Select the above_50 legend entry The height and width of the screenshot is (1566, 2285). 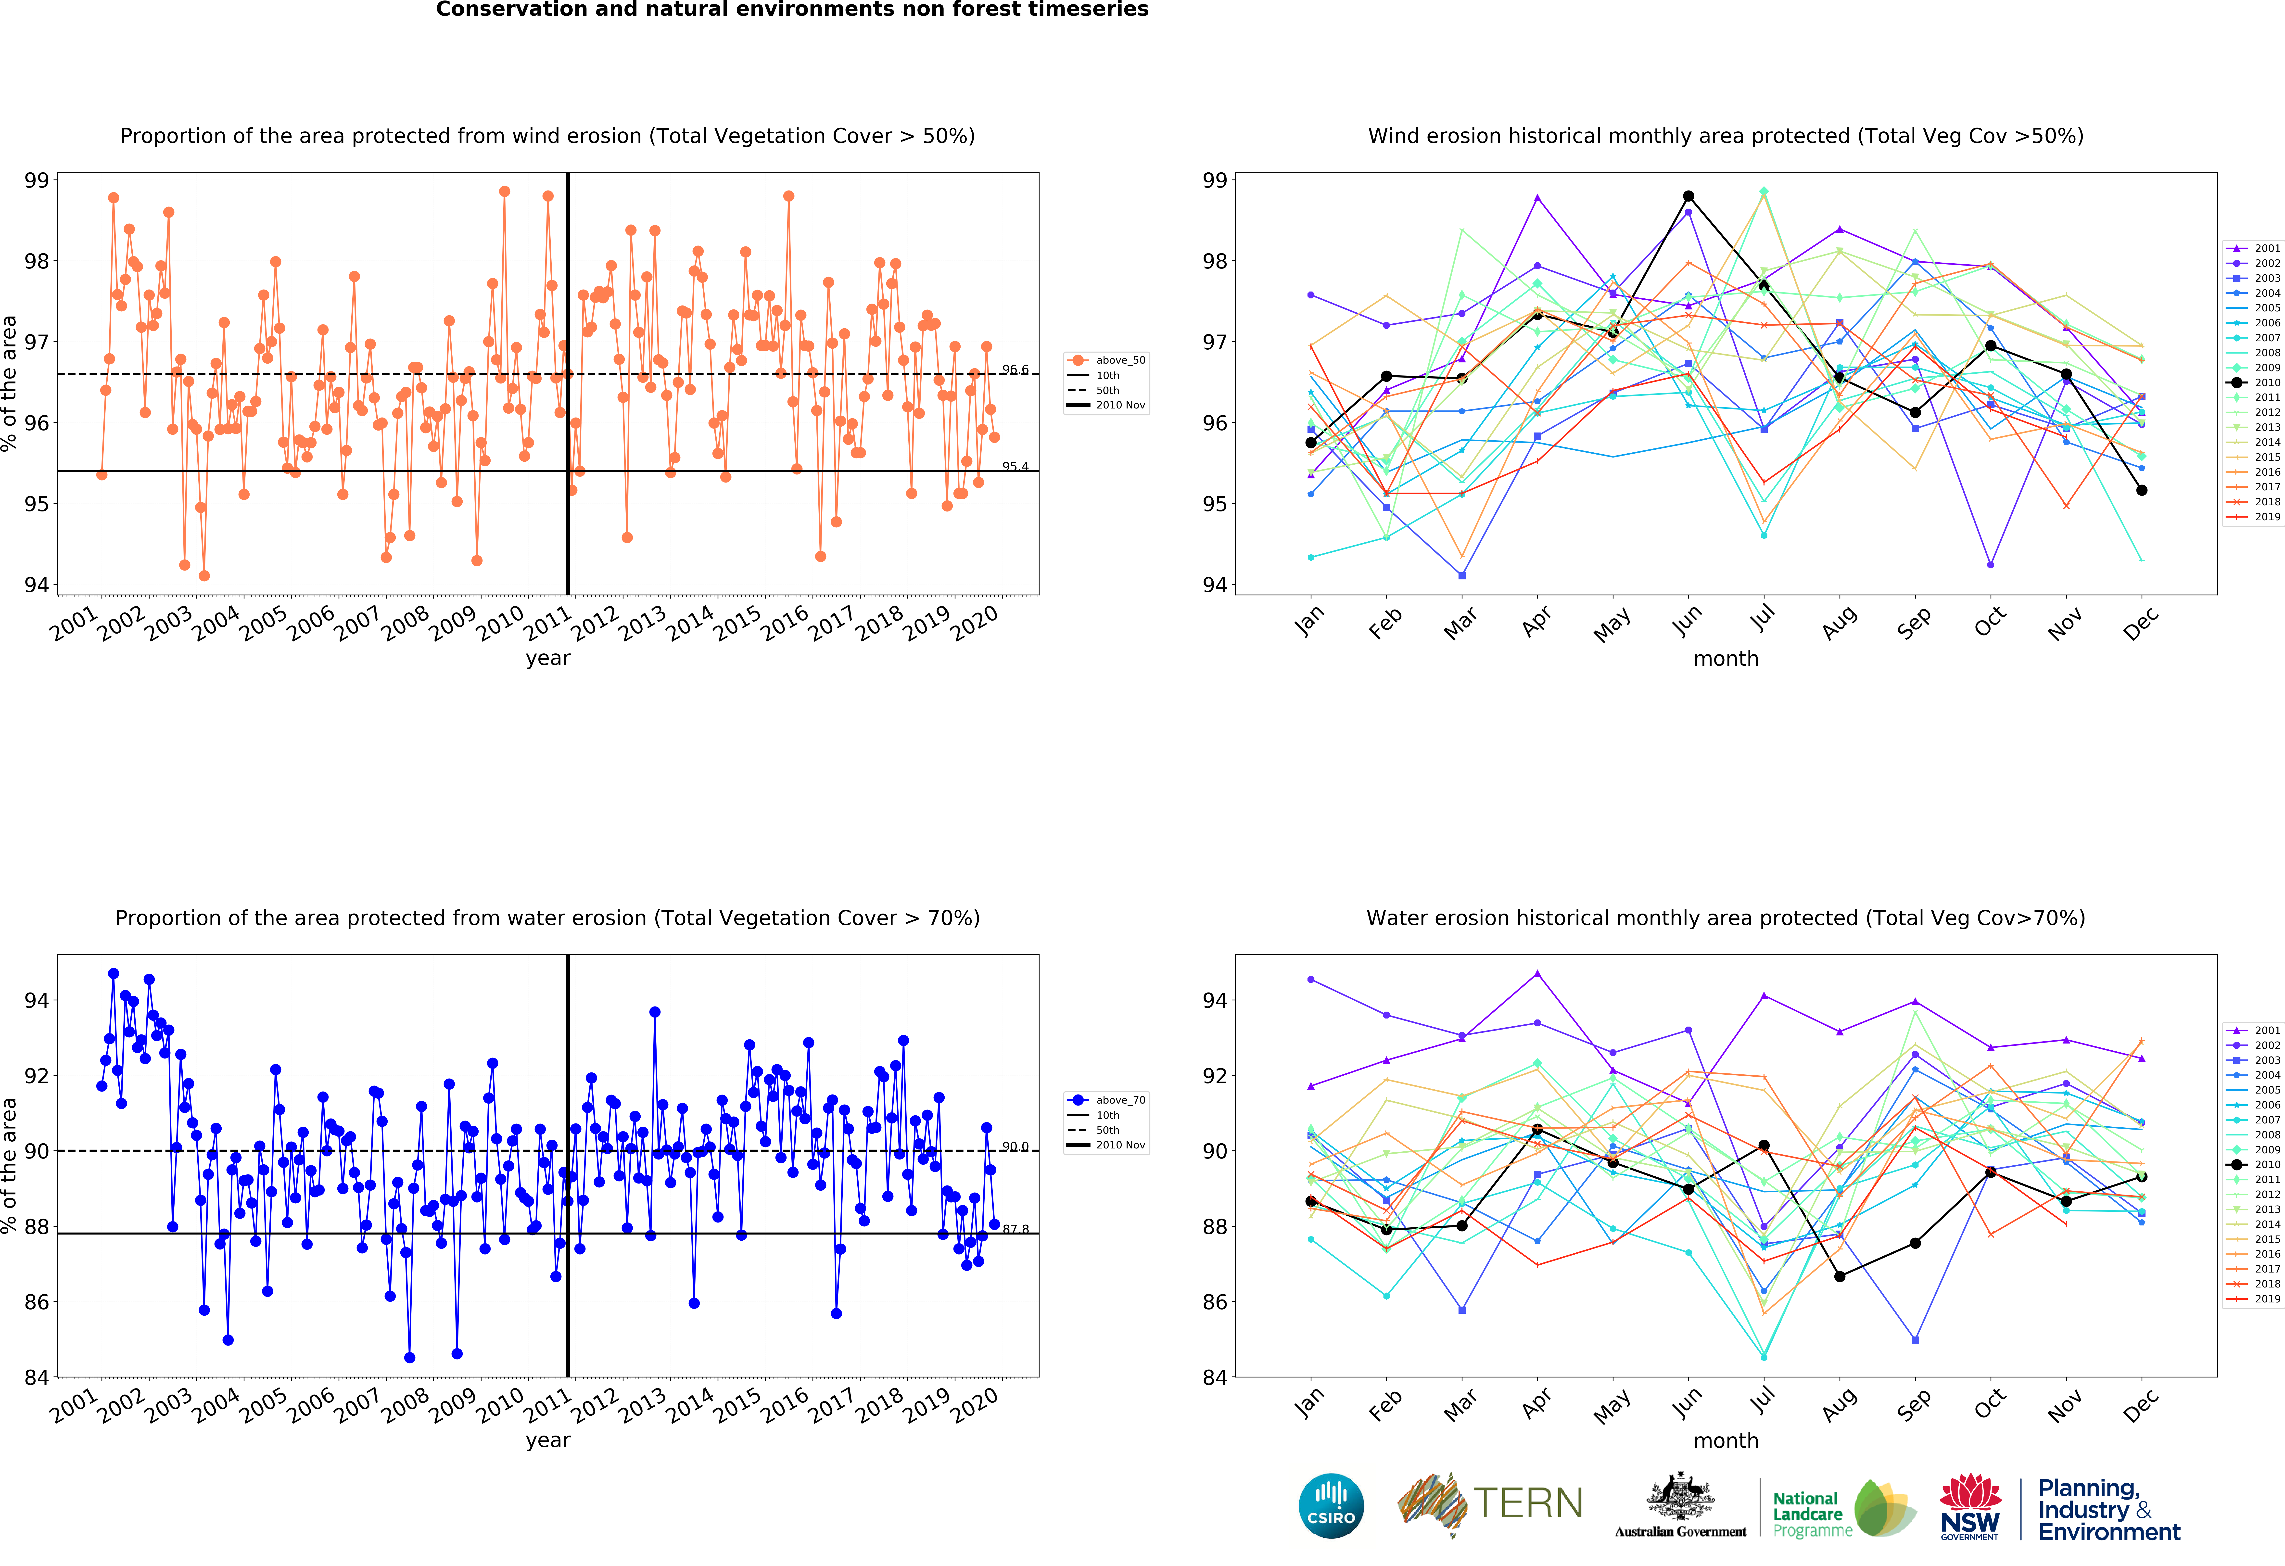click(x=1106, y=360)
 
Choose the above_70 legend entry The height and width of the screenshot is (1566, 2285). click(x=1106, y=1100)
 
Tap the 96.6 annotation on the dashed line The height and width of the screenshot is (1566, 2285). click(x=1015, y=370)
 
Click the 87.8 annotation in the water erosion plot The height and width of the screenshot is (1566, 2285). click(x=1015, y=1229)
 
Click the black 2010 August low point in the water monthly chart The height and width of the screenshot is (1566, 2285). click(x=1840, y=1276)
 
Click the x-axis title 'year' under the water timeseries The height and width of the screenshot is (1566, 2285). click(x=548, y=1440)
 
